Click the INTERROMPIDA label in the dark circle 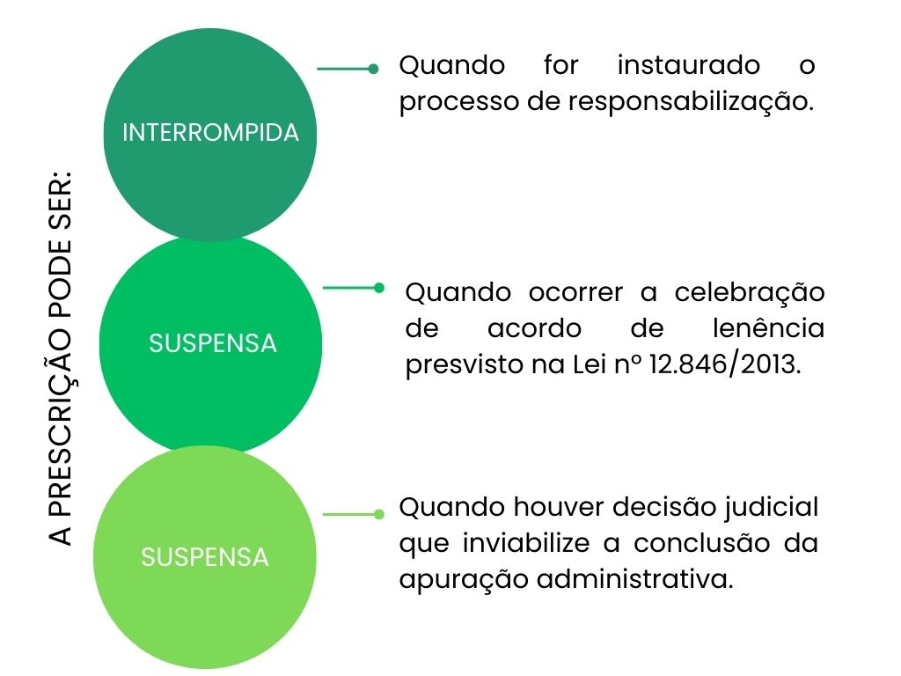210,133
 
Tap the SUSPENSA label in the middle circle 212,343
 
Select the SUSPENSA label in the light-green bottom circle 204,557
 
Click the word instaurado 689,65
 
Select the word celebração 750,292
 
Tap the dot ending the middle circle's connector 379,287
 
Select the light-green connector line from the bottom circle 348,514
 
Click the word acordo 534,328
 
